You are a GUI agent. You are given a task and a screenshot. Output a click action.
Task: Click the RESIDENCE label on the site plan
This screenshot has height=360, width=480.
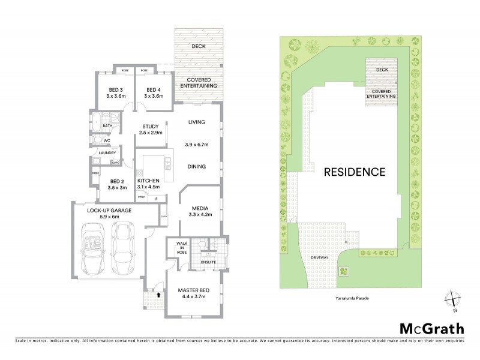point(354,172)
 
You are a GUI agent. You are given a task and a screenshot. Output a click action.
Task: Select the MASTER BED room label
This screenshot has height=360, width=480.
point(193,291)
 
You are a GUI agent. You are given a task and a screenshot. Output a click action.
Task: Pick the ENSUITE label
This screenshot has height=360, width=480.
point(207,262)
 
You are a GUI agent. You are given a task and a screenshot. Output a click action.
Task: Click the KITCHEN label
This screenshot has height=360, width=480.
point(148,181)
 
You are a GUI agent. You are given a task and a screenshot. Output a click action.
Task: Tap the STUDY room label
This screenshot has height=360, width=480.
point(149,127)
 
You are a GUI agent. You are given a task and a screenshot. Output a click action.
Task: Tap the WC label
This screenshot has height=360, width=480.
point(107,140)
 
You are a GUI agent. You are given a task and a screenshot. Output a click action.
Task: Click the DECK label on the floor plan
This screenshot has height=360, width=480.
point(198,46)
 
